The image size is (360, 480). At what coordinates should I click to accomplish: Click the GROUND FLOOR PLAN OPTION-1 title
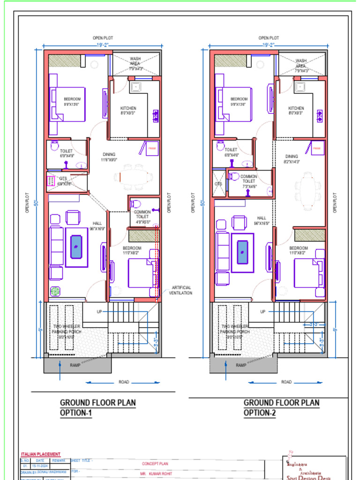point(98,407)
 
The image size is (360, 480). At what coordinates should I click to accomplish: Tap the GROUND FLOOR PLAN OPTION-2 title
point(281,407)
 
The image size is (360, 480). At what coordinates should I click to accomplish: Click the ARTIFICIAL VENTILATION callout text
point(181,290)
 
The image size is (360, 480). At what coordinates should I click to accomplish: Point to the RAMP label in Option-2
point(241,365)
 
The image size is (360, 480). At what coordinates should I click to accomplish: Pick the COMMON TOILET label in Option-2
point(248,179)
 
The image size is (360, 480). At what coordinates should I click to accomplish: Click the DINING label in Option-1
point(109,154)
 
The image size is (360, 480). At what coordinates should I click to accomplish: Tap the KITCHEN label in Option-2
point(296,108)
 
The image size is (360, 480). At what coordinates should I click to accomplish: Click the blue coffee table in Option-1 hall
point(76,247)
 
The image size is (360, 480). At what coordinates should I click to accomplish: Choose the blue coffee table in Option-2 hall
point(242,252)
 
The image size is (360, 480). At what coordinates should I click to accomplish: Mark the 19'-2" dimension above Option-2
point(268,45)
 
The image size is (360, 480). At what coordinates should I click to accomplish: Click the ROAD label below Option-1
point(124,382)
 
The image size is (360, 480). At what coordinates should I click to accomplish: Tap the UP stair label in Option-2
point(262,312)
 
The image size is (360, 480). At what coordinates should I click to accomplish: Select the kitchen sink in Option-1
point(135,87)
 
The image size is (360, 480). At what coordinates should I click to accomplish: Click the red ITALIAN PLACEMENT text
point(41,454)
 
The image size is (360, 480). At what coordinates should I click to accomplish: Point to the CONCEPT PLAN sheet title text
point(155,464)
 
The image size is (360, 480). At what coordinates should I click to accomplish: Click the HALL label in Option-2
point(261,218)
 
